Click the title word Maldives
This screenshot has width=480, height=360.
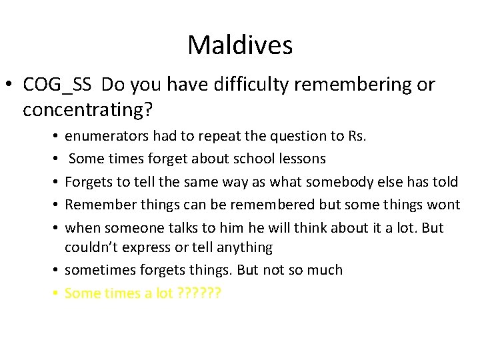pyautogui.click(x=239, y=45)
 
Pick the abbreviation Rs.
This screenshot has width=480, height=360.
pyautogui.click(x=357, y=136)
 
